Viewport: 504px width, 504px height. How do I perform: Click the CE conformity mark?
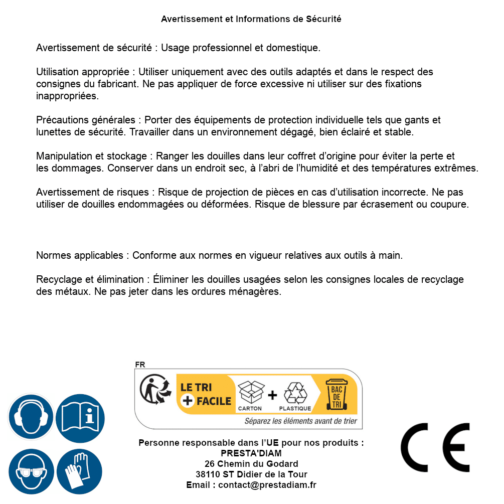(x=435, y=447)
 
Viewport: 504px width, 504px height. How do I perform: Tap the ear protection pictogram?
(x=31, y=417)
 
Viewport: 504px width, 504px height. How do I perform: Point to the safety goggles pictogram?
(x=31, y=472)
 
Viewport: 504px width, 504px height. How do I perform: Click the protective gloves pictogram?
(x=79, y=472)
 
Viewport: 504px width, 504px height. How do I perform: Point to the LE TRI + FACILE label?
(x=206, y=394)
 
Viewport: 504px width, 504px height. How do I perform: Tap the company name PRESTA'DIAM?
(x=251, y=453)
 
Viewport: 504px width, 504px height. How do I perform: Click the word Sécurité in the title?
(x=323, y=19)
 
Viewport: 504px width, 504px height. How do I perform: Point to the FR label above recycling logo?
(x=140, y=365)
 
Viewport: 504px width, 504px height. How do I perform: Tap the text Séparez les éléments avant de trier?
(x=300, y=421)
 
